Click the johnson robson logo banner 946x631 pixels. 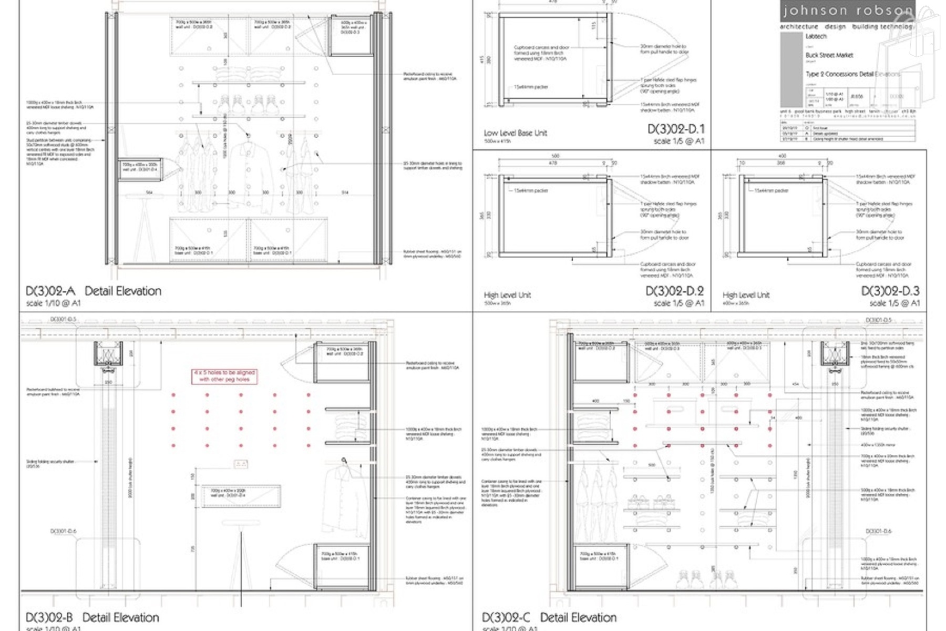point(847,11)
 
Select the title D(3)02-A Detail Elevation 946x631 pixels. point(94,291)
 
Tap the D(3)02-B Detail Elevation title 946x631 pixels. point(92,617)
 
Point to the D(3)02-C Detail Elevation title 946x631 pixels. point(549,617)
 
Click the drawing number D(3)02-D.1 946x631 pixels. point(675,129)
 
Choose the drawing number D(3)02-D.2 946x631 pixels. point(674,291)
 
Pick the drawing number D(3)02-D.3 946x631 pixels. point(890,291)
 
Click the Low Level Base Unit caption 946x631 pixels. point(515,133)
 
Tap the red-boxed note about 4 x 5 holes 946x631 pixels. point(224,375)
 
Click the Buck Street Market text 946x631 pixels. point(829,55)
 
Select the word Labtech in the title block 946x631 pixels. point(816,37)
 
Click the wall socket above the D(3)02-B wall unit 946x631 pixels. point(241,464)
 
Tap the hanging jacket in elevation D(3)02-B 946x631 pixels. point(342,500)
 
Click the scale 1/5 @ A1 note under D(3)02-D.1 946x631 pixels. point(679,141)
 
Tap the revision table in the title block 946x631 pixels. point(847,131)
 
